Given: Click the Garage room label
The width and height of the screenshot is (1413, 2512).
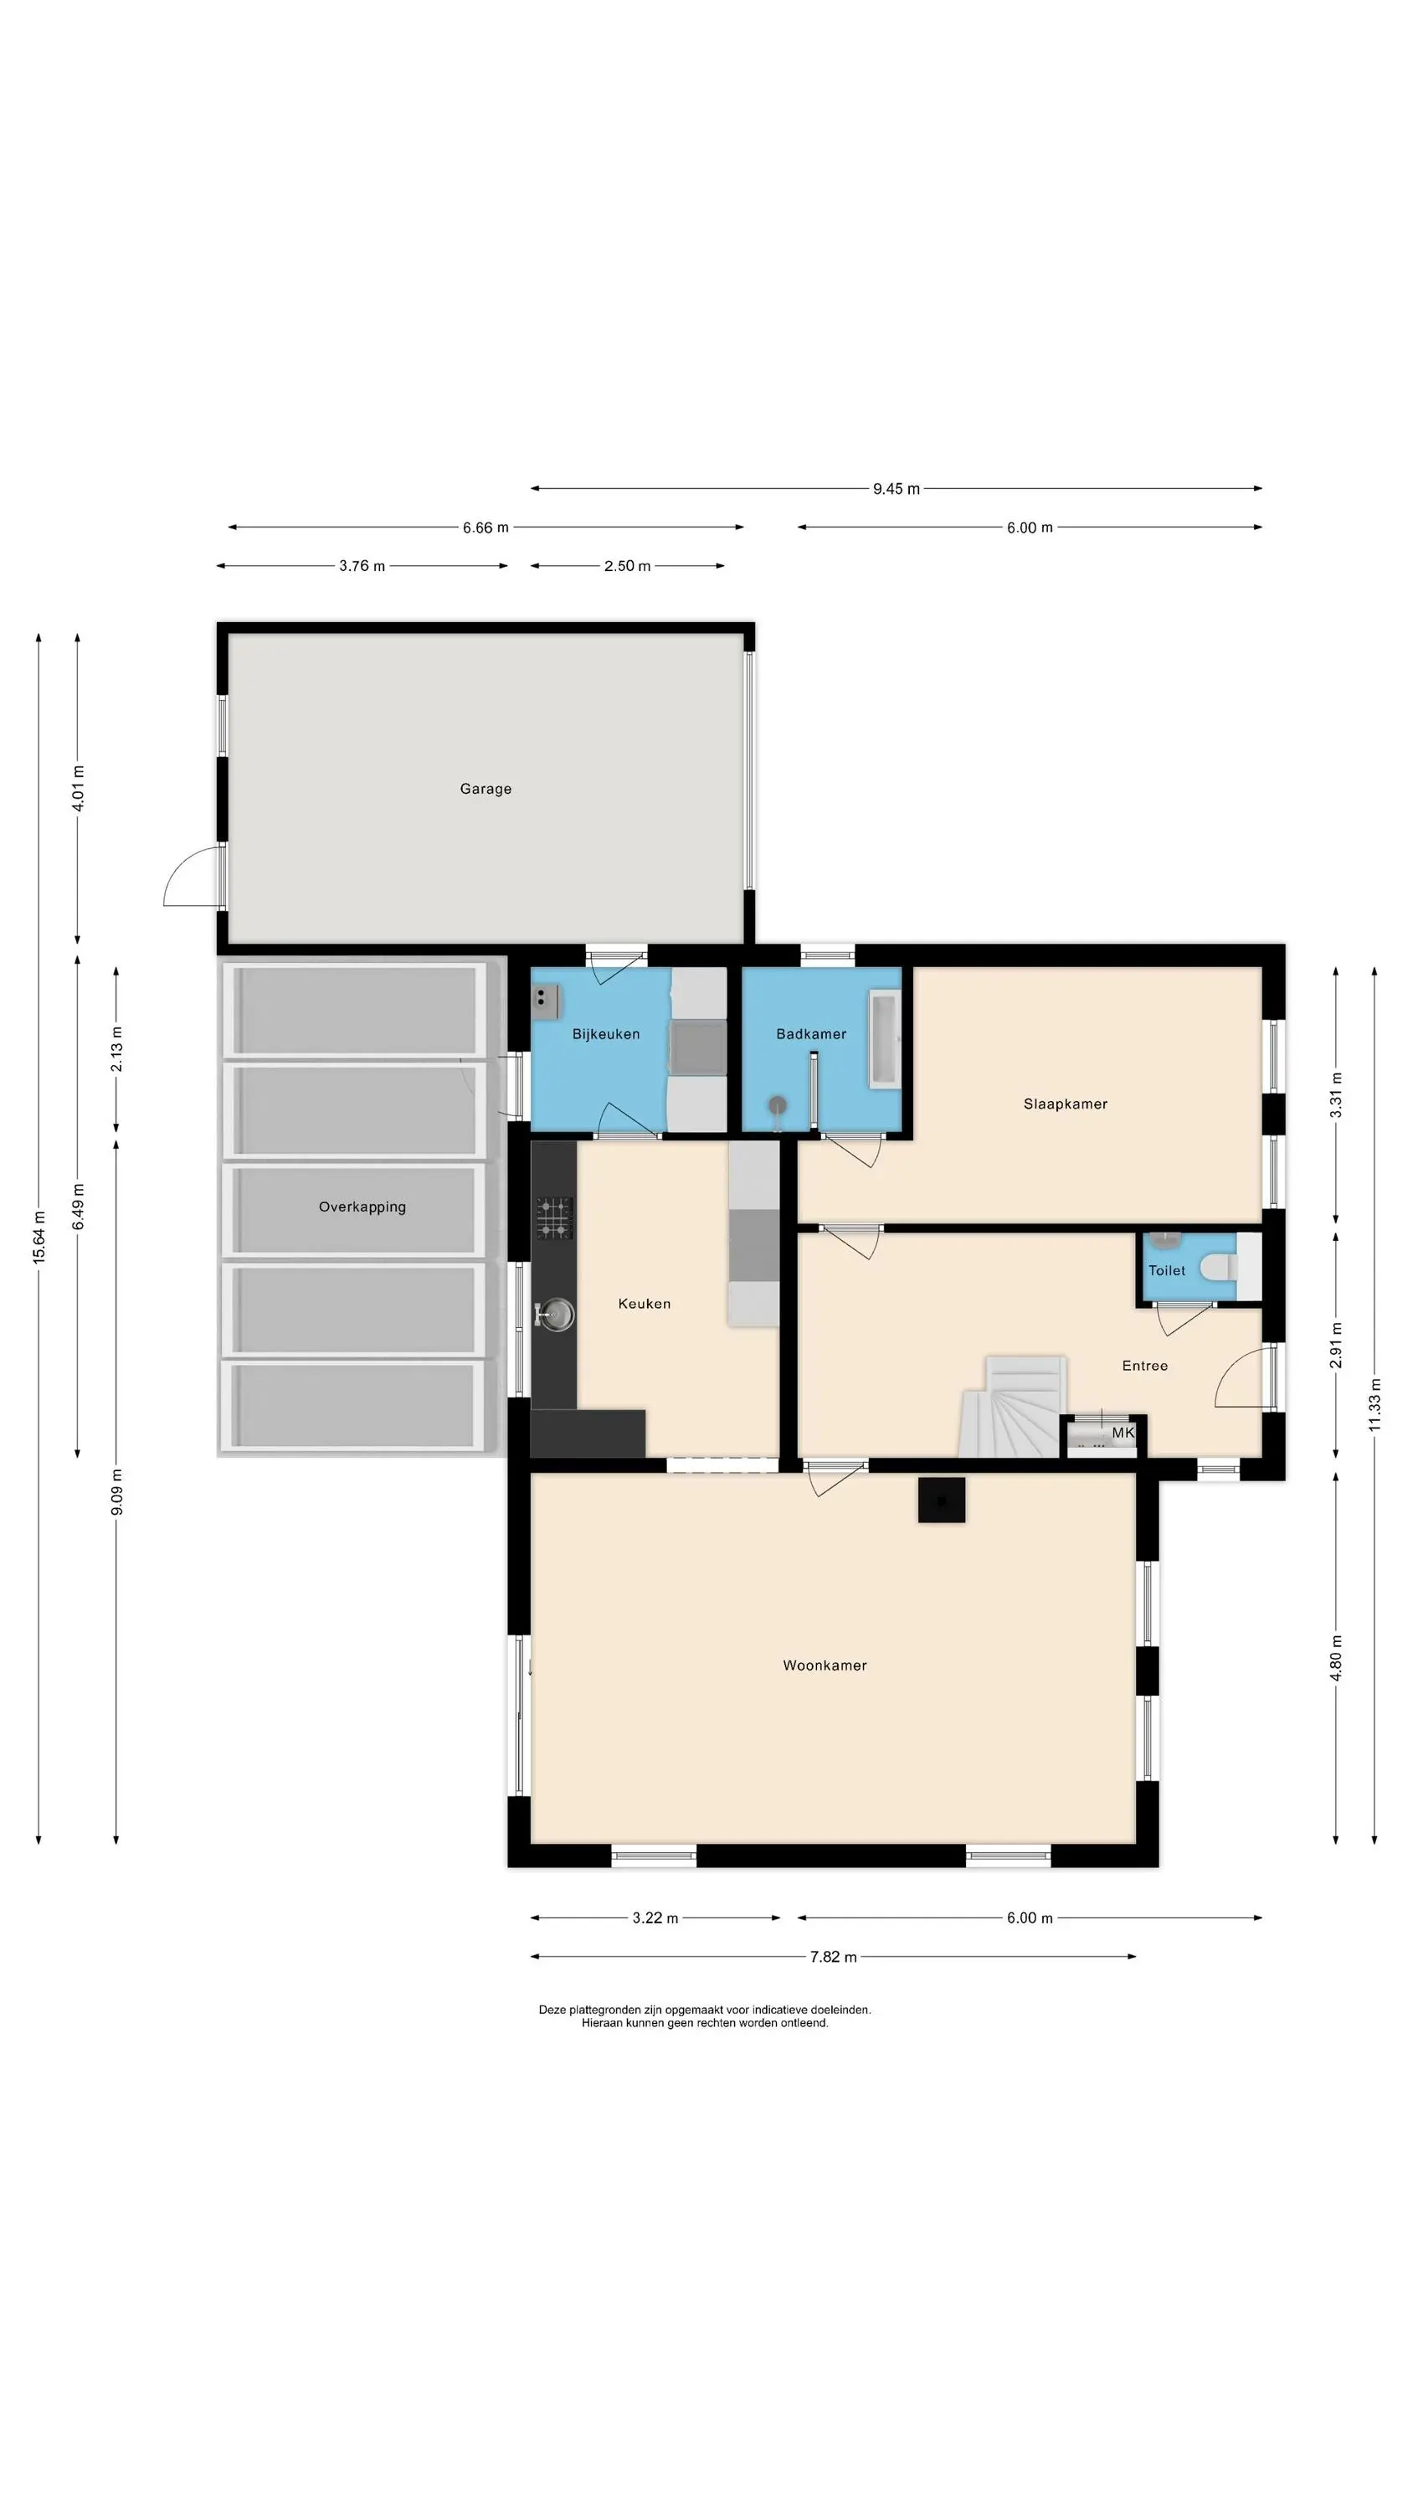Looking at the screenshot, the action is (486, 789).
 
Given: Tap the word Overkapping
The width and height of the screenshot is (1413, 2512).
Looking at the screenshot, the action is (362, 1207).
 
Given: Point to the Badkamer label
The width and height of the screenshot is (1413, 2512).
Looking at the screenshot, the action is (811, 1033).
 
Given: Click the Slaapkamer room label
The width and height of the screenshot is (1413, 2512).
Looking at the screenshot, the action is (1066, 1104).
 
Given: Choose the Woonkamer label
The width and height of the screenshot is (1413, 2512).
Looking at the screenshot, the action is (825, 1665).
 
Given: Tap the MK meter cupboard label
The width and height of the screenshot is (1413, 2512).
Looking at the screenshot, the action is (1123, 1433).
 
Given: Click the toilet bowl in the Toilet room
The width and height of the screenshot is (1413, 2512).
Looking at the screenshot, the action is (1219, 1268).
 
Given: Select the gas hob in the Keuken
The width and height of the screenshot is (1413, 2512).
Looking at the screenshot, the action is (554, 1218).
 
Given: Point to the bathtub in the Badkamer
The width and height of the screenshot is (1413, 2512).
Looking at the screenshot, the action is (886, 1039).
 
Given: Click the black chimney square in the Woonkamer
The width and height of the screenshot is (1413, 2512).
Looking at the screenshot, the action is (942, 1500).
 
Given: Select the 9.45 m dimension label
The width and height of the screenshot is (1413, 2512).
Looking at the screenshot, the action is (897, 488).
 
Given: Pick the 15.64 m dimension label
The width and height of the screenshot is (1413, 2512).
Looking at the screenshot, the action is (39, 1238).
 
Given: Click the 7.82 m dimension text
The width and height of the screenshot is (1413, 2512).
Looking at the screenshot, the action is (834, 1956).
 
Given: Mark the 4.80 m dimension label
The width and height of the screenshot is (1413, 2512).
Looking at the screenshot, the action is (1336, 1658).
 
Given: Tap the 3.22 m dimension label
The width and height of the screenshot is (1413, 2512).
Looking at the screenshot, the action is (655, 1918).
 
